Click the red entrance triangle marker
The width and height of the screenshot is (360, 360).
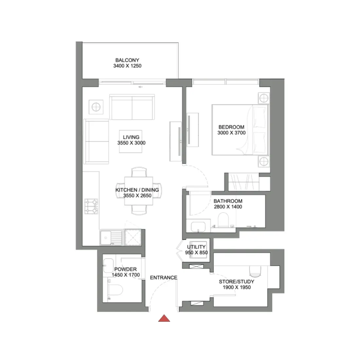(x=164, y=318)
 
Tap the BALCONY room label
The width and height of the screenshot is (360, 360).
(x=127, y=60)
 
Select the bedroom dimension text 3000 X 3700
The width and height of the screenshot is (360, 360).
(x=231, y=133)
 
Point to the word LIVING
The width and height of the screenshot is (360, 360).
(x=131, y=137)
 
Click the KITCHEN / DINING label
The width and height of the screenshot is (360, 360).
(x=137, y=190)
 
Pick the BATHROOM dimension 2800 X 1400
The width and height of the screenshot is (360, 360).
(x=228, y=207)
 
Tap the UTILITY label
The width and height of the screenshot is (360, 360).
(x=196, y=247)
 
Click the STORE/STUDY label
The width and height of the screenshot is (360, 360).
(x=236, y=281)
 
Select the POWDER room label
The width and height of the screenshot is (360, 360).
(x=125, y=269)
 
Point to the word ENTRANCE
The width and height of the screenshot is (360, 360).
(x=164, y=278)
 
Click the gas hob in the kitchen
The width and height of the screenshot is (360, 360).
(x=91, y=207)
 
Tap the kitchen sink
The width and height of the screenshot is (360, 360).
(x=106, y=237)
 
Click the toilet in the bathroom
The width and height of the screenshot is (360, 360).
(x=224, y=220)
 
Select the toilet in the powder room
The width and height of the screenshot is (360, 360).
(x=115, y=290)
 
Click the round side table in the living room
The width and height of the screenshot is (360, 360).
(x=96, y=107)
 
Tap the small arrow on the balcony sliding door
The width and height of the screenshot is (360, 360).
(x=141, y=87)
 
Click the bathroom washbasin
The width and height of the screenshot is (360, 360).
(x=198, y=226)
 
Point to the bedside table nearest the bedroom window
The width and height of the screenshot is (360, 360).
(x=263, y=98)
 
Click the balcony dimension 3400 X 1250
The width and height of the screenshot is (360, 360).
(x=127, y=66)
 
